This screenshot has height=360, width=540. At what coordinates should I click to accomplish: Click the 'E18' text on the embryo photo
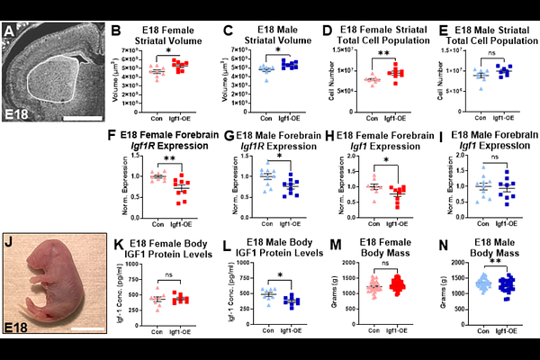point(19,326)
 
